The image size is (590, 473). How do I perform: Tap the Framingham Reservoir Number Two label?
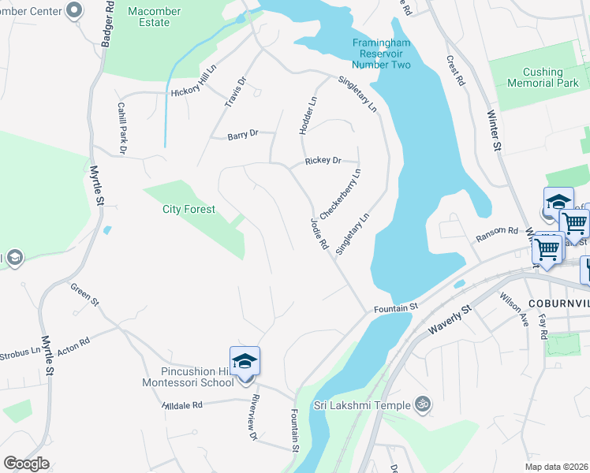click(x=381, y=53)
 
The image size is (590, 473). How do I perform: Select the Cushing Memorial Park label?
click(x=543, y=77)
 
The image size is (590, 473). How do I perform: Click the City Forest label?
click(x=189, y=209)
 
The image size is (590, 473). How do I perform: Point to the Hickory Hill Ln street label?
click(x=192, y=92)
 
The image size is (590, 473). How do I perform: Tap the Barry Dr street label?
click(x=243, y=135)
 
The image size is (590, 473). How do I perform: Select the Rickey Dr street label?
click(x=323, y=161)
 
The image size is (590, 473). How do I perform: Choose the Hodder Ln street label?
click(x=308, y=115)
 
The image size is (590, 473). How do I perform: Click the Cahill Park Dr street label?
click(x=123, y=128)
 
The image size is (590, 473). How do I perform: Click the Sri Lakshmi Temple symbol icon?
click(x=423, y=404)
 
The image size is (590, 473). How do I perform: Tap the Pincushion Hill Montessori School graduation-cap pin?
click(x=245, y=362)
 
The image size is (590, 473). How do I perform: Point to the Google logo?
click(x=26, y=464)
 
